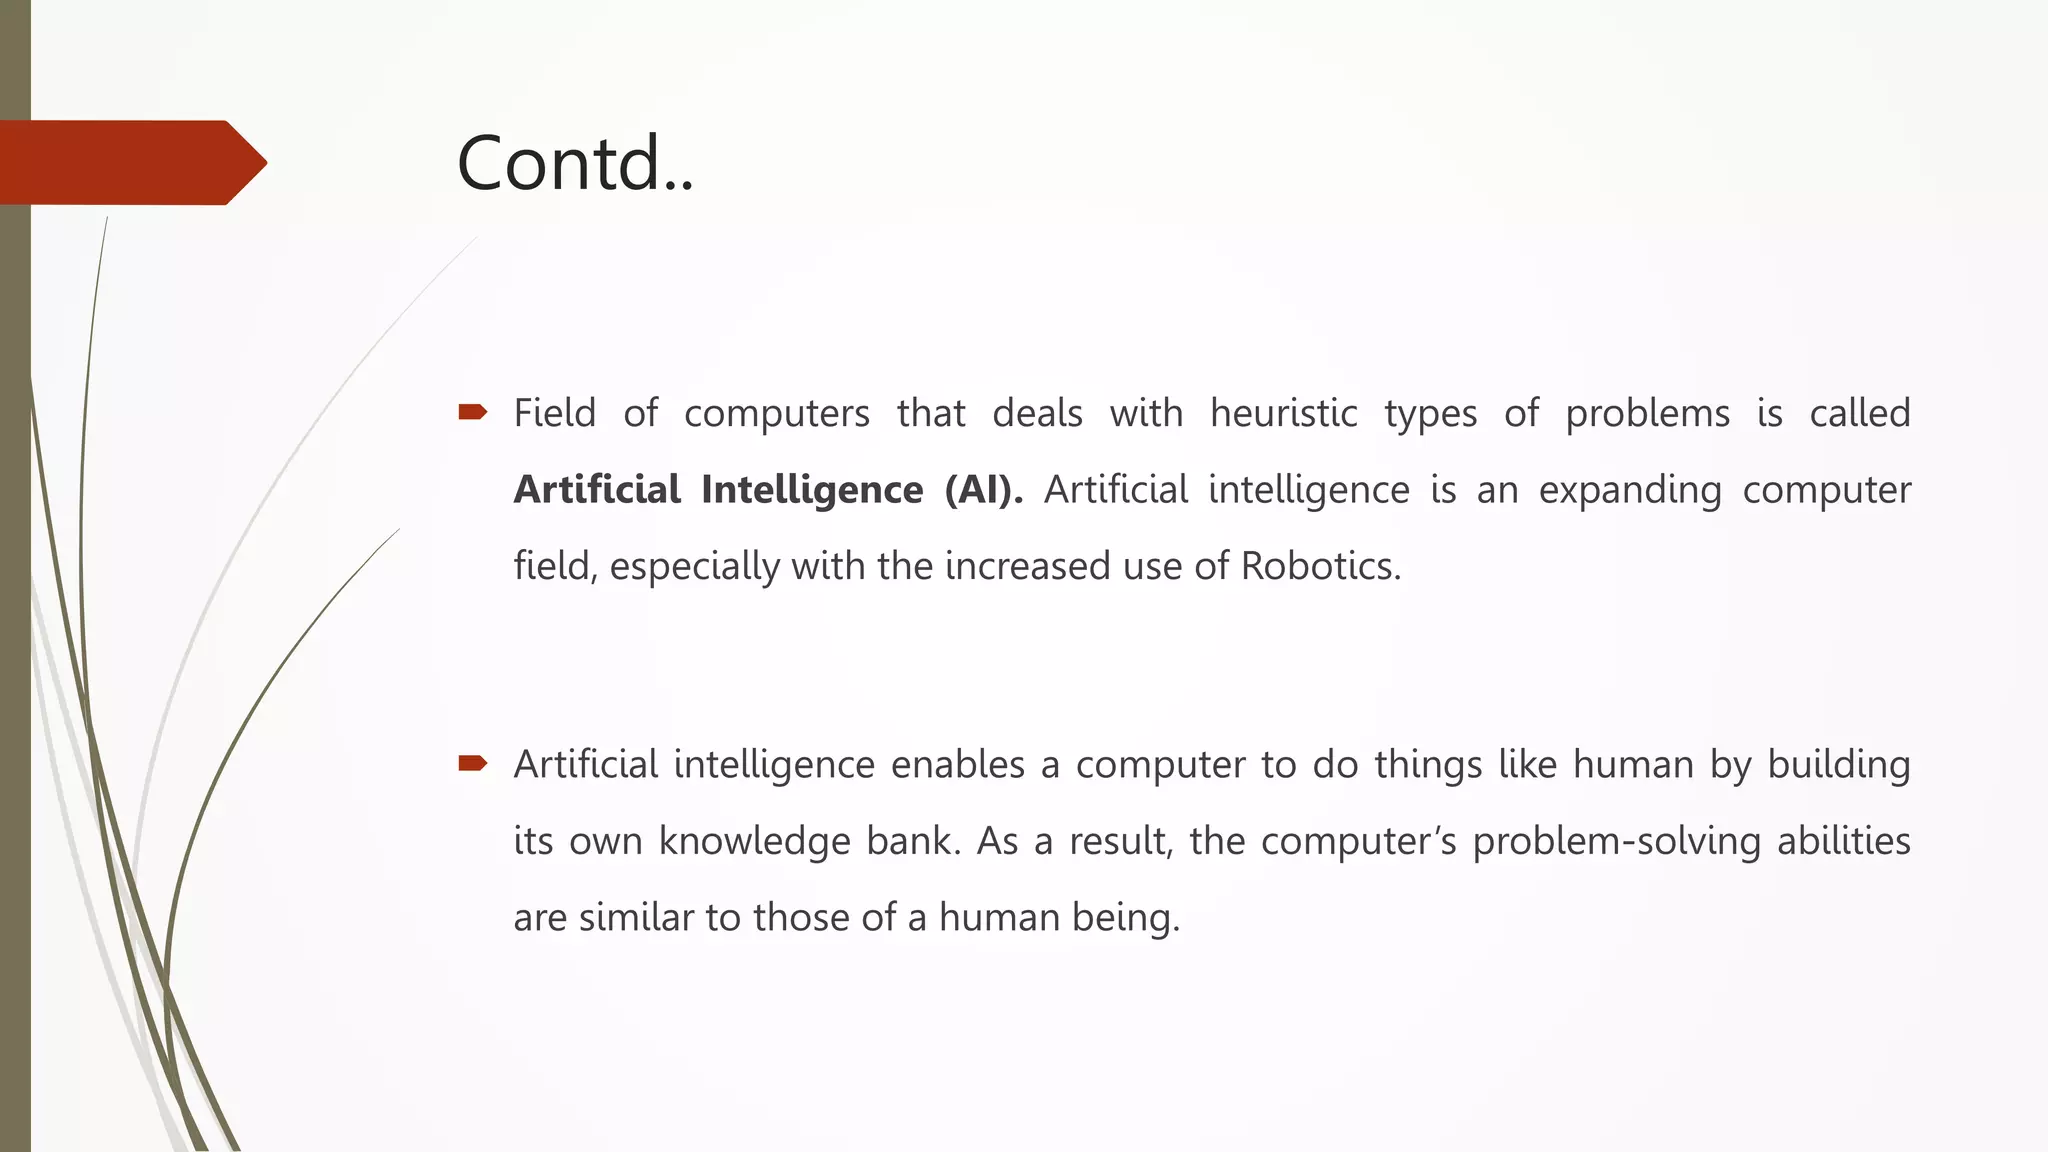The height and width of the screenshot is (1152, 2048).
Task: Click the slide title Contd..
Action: tap(574, 163)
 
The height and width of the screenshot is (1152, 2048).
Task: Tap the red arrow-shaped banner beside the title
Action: tap(130, 163)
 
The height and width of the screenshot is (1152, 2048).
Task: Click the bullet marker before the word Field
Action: tap(472, 412)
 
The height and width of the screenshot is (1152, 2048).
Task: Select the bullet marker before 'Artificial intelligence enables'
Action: tap(472, 764)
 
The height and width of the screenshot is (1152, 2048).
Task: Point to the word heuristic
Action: tap(1283, 413)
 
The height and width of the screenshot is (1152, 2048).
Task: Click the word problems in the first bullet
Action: tap(1647, 413)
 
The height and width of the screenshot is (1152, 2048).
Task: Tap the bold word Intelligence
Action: tap(812, 490)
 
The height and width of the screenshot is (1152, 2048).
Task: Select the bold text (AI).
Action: tap(983, 490)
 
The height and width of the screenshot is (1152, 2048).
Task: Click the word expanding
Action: tap(1629, 490)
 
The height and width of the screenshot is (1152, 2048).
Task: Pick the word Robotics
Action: tap(1320, 566)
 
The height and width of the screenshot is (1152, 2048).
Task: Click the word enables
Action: tap(957, 765)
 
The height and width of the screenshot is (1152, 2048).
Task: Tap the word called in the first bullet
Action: tap(1859, 413)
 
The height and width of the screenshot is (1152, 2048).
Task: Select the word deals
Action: tap(1037, 413)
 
